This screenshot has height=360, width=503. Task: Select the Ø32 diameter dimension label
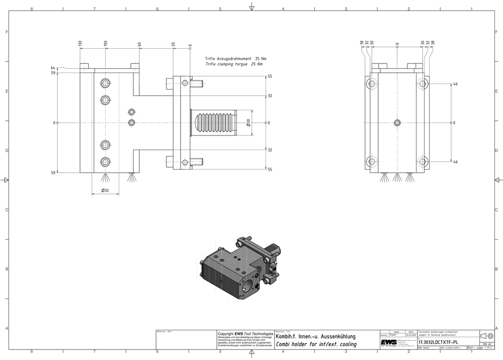106,190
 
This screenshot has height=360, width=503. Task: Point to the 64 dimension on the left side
53,67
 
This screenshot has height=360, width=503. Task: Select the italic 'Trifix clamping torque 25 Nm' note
234,64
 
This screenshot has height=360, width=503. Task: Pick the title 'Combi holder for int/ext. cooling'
316,344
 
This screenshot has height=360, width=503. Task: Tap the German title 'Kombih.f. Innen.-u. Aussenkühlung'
316,336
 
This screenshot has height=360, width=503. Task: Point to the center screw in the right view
397,122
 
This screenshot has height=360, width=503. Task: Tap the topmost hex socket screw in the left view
105,83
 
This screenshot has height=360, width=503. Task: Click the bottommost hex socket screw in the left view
105,162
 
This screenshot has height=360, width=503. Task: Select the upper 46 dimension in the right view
455,84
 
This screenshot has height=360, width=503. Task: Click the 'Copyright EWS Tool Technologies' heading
245,333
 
